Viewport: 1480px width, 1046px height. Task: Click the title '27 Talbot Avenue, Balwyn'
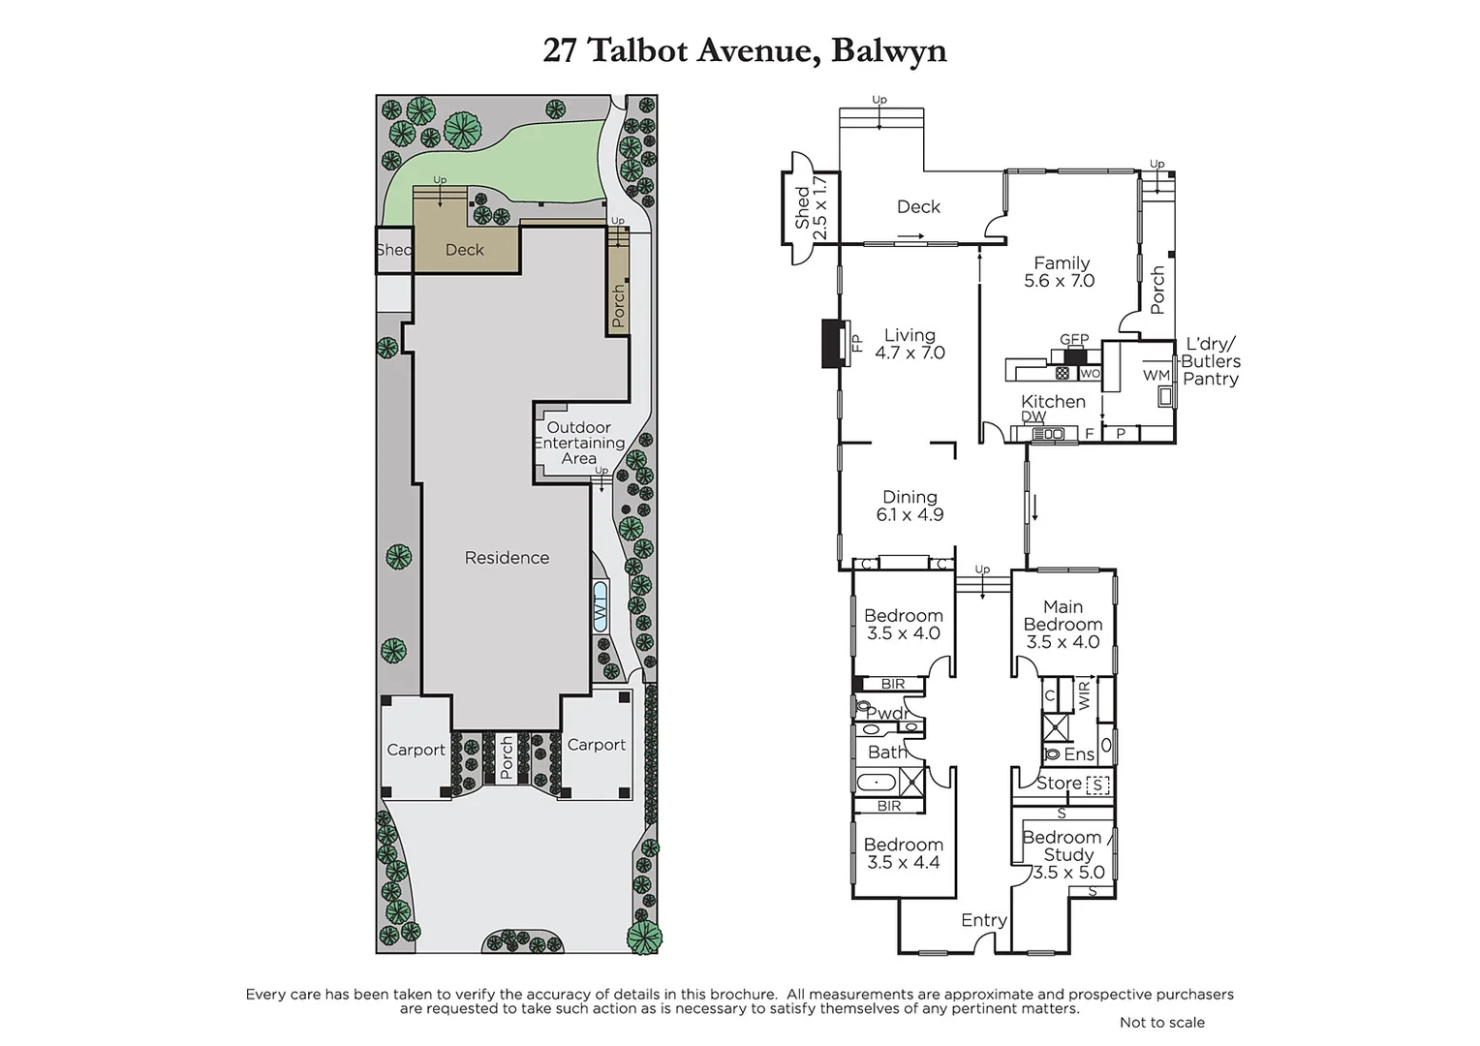click(x=744, y=50)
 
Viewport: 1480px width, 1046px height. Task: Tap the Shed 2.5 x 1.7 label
click(x=811, y=207)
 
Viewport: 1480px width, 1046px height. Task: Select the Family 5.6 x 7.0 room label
click(x=1060, y=272)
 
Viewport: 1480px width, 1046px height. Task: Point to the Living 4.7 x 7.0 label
click(x=910, y=345)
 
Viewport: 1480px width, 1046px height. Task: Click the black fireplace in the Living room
click(x=832, y=344)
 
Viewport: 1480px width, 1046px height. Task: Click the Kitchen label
click(x=1053, y=401)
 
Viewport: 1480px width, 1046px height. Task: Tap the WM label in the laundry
click(x=1156, y=375)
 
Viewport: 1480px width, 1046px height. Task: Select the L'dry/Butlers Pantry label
click(x=1210, y=362)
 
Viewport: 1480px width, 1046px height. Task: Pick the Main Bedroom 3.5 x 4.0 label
click(x=1063, y=625)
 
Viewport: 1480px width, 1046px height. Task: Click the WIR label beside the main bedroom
click(x=1084, y=693)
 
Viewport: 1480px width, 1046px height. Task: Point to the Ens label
click(x=1078, y=754)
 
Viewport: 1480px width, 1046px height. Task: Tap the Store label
click(x=1059, y=783)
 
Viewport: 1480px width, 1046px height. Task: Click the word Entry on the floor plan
click(x=983, y=920)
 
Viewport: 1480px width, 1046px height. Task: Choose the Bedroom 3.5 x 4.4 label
click(x=903, y=853)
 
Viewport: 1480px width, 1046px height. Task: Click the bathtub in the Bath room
click(x=877, y=782)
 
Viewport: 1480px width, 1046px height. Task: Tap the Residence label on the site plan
click(x=507, y=558)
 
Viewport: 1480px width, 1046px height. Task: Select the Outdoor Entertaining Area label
click(x=579, y=443)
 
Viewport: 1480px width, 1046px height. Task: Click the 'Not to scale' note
click(x=1161, y=1022)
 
